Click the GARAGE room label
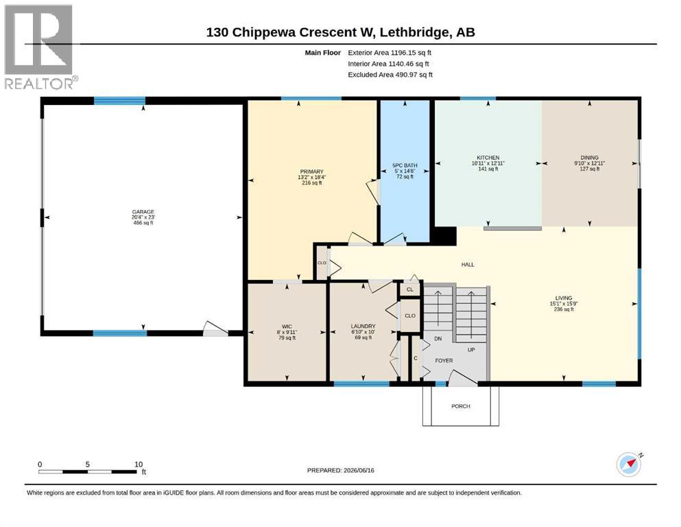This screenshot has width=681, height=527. click(143, 211)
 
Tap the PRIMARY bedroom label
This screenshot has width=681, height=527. click(311, 172)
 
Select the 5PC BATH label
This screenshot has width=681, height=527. click(405, 165)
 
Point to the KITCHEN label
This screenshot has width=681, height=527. click(488, 158)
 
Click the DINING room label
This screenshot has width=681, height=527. click(589, 158)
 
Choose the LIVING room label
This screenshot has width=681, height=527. click(564, 298)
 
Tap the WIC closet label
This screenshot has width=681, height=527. click(287, 327)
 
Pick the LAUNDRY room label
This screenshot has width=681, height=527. click(363, 326)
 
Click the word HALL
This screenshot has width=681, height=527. click(468, 265)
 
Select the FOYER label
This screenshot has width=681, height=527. click(444, 361)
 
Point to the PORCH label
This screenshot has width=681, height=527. click(461, 406)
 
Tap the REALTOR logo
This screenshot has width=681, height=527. click(39, 47)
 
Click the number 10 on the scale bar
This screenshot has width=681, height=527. click(139, 465)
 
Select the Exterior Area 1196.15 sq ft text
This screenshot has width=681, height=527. click(390, 53)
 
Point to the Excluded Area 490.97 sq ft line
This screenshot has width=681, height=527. click(390, 75)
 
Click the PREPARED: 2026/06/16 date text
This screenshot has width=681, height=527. click(340, 470)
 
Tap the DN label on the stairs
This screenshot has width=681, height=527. click(438, 338)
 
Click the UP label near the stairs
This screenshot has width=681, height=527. click(471, 350)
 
